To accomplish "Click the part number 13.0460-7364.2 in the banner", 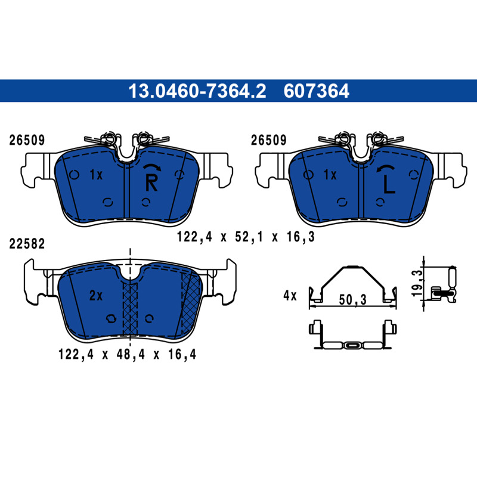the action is [x=197, y=91].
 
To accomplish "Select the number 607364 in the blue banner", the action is [x=317, y=91].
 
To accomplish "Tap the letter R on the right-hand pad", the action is [x=151, y=183].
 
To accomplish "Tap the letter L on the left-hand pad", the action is [x=389, y=185].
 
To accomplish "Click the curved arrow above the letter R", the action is [x=152, y=167].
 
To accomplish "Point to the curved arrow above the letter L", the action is [x=385, y=168].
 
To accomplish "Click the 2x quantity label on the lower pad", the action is [x=96, y=295].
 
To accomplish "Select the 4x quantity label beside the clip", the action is [x=290, y=295].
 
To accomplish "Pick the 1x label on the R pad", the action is [x=96, y=175].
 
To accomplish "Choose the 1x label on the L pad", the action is [x=330, y=175].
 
